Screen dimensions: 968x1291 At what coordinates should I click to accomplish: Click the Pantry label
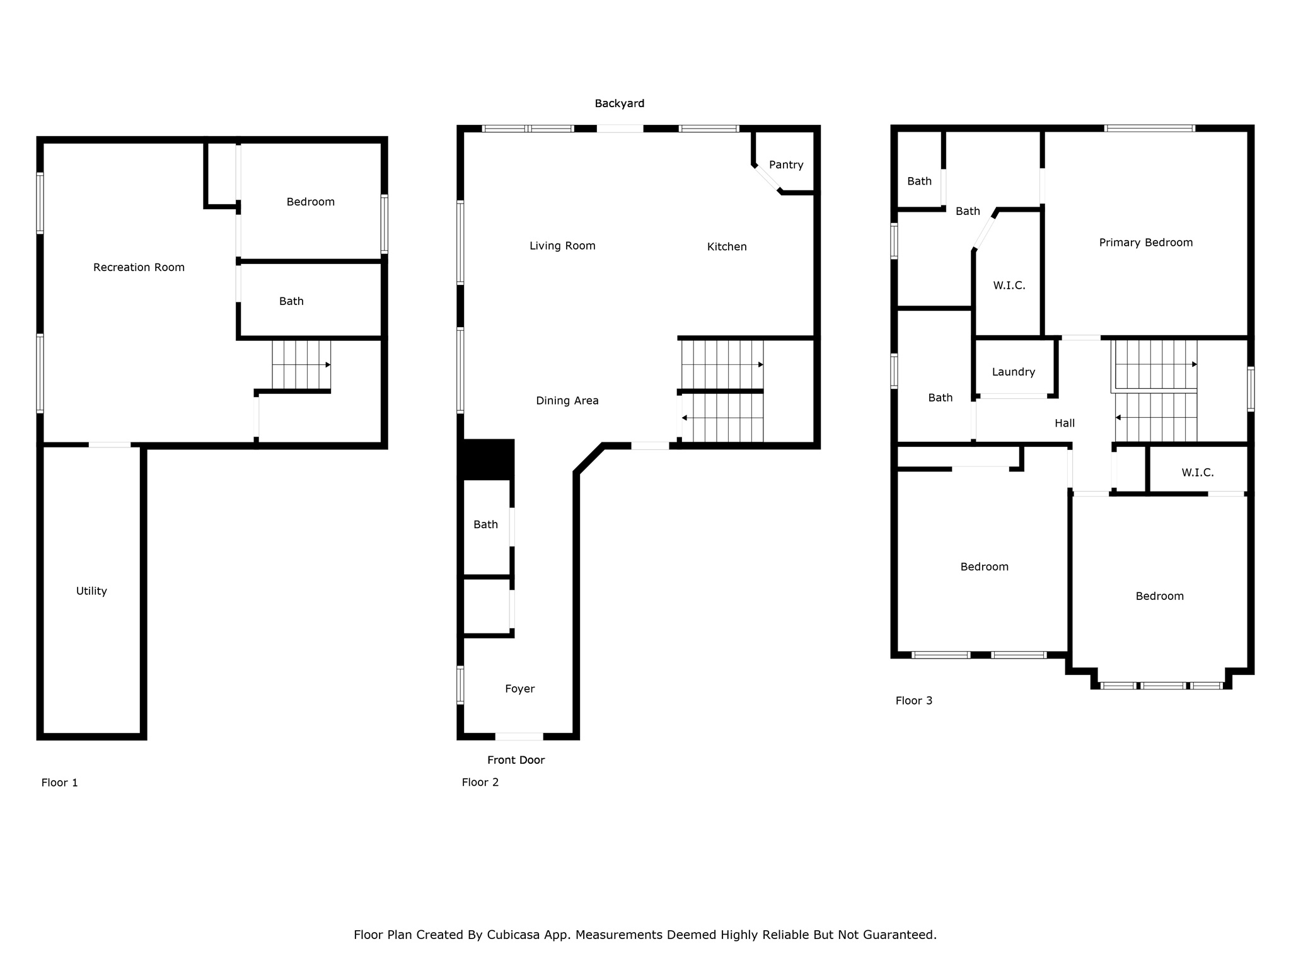786,165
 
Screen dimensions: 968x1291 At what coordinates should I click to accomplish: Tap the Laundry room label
1013,372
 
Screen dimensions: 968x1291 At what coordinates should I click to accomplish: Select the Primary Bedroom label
1145,243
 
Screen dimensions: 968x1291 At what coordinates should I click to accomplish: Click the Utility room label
91,591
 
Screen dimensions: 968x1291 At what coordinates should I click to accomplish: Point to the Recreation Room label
139,267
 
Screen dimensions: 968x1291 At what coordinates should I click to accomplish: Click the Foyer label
519,689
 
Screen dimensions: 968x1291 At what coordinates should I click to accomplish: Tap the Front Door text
516,760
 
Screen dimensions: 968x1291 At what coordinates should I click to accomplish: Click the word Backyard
619,103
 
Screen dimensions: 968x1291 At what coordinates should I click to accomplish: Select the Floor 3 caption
913,701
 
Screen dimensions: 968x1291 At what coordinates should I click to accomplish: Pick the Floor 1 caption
59,783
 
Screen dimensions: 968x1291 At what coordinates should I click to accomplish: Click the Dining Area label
567,401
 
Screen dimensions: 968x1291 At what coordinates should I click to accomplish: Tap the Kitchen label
726,247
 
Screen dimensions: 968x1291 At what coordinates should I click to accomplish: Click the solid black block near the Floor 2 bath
489,458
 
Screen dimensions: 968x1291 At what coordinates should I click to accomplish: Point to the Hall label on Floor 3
1064,423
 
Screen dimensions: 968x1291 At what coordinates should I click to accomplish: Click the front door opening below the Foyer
519,736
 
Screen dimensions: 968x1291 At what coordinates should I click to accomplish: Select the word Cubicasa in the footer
512,935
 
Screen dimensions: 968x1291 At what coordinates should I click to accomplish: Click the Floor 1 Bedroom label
310,202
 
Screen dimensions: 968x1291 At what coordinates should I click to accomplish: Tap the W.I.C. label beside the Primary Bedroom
1009,285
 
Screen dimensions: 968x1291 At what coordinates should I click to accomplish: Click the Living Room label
562,246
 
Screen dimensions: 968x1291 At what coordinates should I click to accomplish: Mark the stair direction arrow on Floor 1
328,365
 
